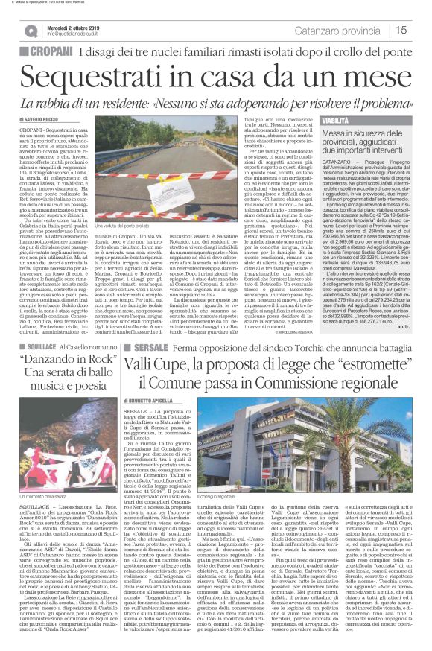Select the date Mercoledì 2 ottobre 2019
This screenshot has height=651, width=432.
click(x=77, y=25)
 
